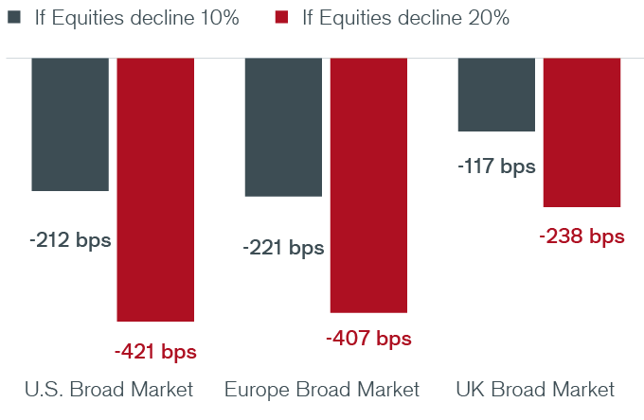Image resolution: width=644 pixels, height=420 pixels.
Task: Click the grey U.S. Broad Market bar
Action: tap(70, 124)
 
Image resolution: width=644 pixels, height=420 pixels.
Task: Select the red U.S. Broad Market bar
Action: tap(155, 189)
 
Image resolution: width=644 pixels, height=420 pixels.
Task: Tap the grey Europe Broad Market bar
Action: tap(283, 127)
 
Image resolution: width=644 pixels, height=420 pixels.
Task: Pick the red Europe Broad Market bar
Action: tap(368, 184)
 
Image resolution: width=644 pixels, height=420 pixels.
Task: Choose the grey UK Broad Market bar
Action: tap(496, 94)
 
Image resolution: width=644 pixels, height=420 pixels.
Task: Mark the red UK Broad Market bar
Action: tap(581, 131)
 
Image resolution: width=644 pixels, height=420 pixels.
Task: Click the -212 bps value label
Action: tap(70, 240)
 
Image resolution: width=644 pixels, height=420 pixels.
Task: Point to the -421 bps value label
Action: tap(155, 352)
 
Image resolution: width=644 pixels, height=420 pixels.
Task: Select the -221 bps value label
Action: tap(283, 248)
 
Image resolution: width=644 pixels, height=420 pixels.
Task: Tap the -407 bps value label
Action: tap(368, 338)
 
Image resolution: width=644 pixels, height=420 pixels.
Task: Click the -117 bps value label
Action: tap(496, 166)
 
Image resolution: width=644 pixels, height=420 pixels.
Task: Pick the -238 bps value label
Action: tap(581, 236)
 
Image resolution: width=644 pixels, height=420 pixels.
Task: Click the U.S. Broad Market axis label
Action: tap(108, 390)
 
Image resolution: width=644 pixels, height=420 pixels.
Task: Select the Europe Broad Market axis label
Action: tap(321, 390)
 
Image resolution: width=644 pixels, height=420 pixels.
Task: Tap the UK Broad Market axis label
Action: tap(535, 390)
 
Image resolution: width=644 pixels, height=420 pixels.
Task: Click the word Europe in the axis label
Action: tap(253, 390)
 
